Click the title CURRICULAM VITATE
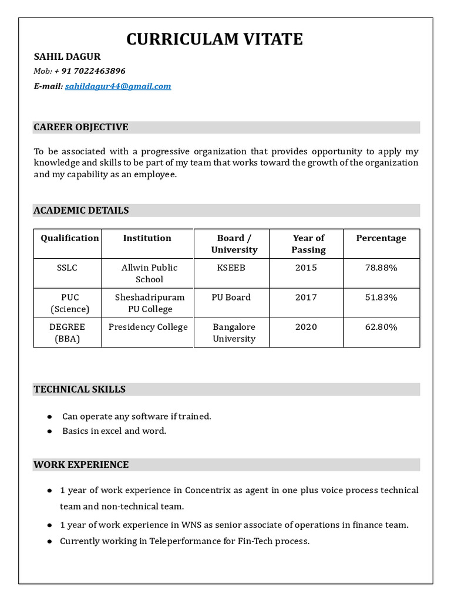(215, 39)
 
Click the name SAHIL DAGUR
(67, 56)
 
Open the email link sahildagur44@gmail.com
(118, 86)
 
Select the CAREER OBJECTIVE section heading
(81, 127)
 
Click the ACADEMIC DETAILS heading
(81, 210)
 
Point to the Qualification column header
(69, 238)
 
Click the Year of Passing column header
(308, 244)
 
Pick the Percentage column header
(381, 238)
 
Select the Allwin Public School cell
(149, 273)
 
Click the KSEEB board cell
(231, 268)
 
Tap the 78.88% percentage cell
(381, 268)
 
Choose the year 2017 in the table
(306, 297)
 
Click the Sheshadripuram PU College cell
(149, 303)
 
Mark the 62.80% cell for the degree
(381, 326)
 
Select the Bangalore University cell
(234, 332)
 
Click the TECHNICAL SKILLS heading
(79, 389)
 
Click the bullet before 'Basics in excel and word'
(50, 431)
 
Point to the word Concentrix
(209, 489)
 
